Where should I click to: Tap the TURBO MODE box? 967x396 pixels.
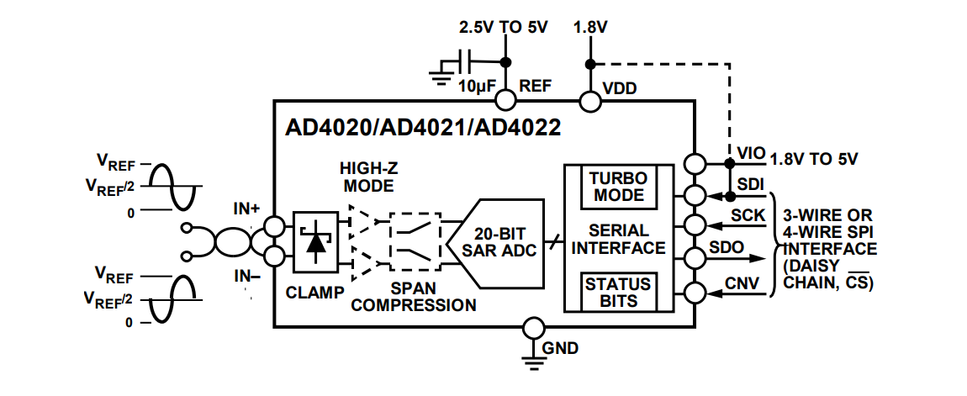click(617, 187)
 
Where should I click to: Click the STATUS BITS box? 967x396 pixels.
click(617, 292)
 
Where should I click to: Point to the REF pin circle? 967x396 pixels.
click(505, 100)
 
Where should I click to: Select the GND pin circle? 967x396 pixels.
click(531, 328)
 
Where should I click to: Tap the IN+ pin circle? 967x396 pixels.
click(273, 226)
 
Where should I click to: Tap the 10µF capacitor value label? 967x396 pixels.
click(476, 86)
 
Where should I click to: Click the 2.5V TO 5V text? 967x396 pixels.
click(503, 27)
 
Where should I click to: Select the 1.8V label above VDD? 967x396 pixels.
click(590, 27)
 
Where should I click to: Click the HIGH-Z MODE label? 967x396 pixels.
click(367, 177)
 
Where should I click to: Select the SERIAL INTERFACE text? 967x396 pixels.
click(619, 239)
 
